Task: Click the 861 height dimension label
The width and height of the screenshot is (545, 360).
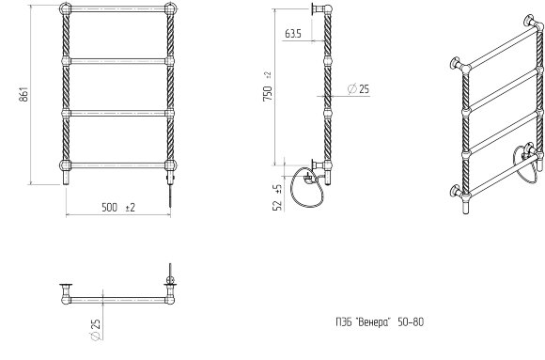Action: click(x=23, y=94)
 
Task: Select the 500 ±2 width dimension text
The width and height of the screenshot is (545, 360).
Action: click(x=118, y=208)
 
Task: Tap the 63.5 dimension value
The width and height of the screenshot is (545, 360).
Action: click(x=293, y=34)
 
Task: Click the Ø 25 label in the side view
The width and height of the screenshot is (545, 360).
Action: click(x=358, y=89)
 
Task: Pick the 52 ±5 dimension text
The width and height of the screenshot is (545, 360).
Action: click(x=278, y=197)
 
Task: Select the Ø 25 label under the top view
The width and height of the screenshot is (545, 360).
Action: click(x=95, y=330)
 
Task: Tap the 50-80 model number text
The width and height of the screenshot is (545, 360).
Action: click(x=411, y=322)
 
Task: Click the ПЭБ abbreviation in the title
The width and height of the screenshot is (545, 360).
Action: click(x=344, y=322)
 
